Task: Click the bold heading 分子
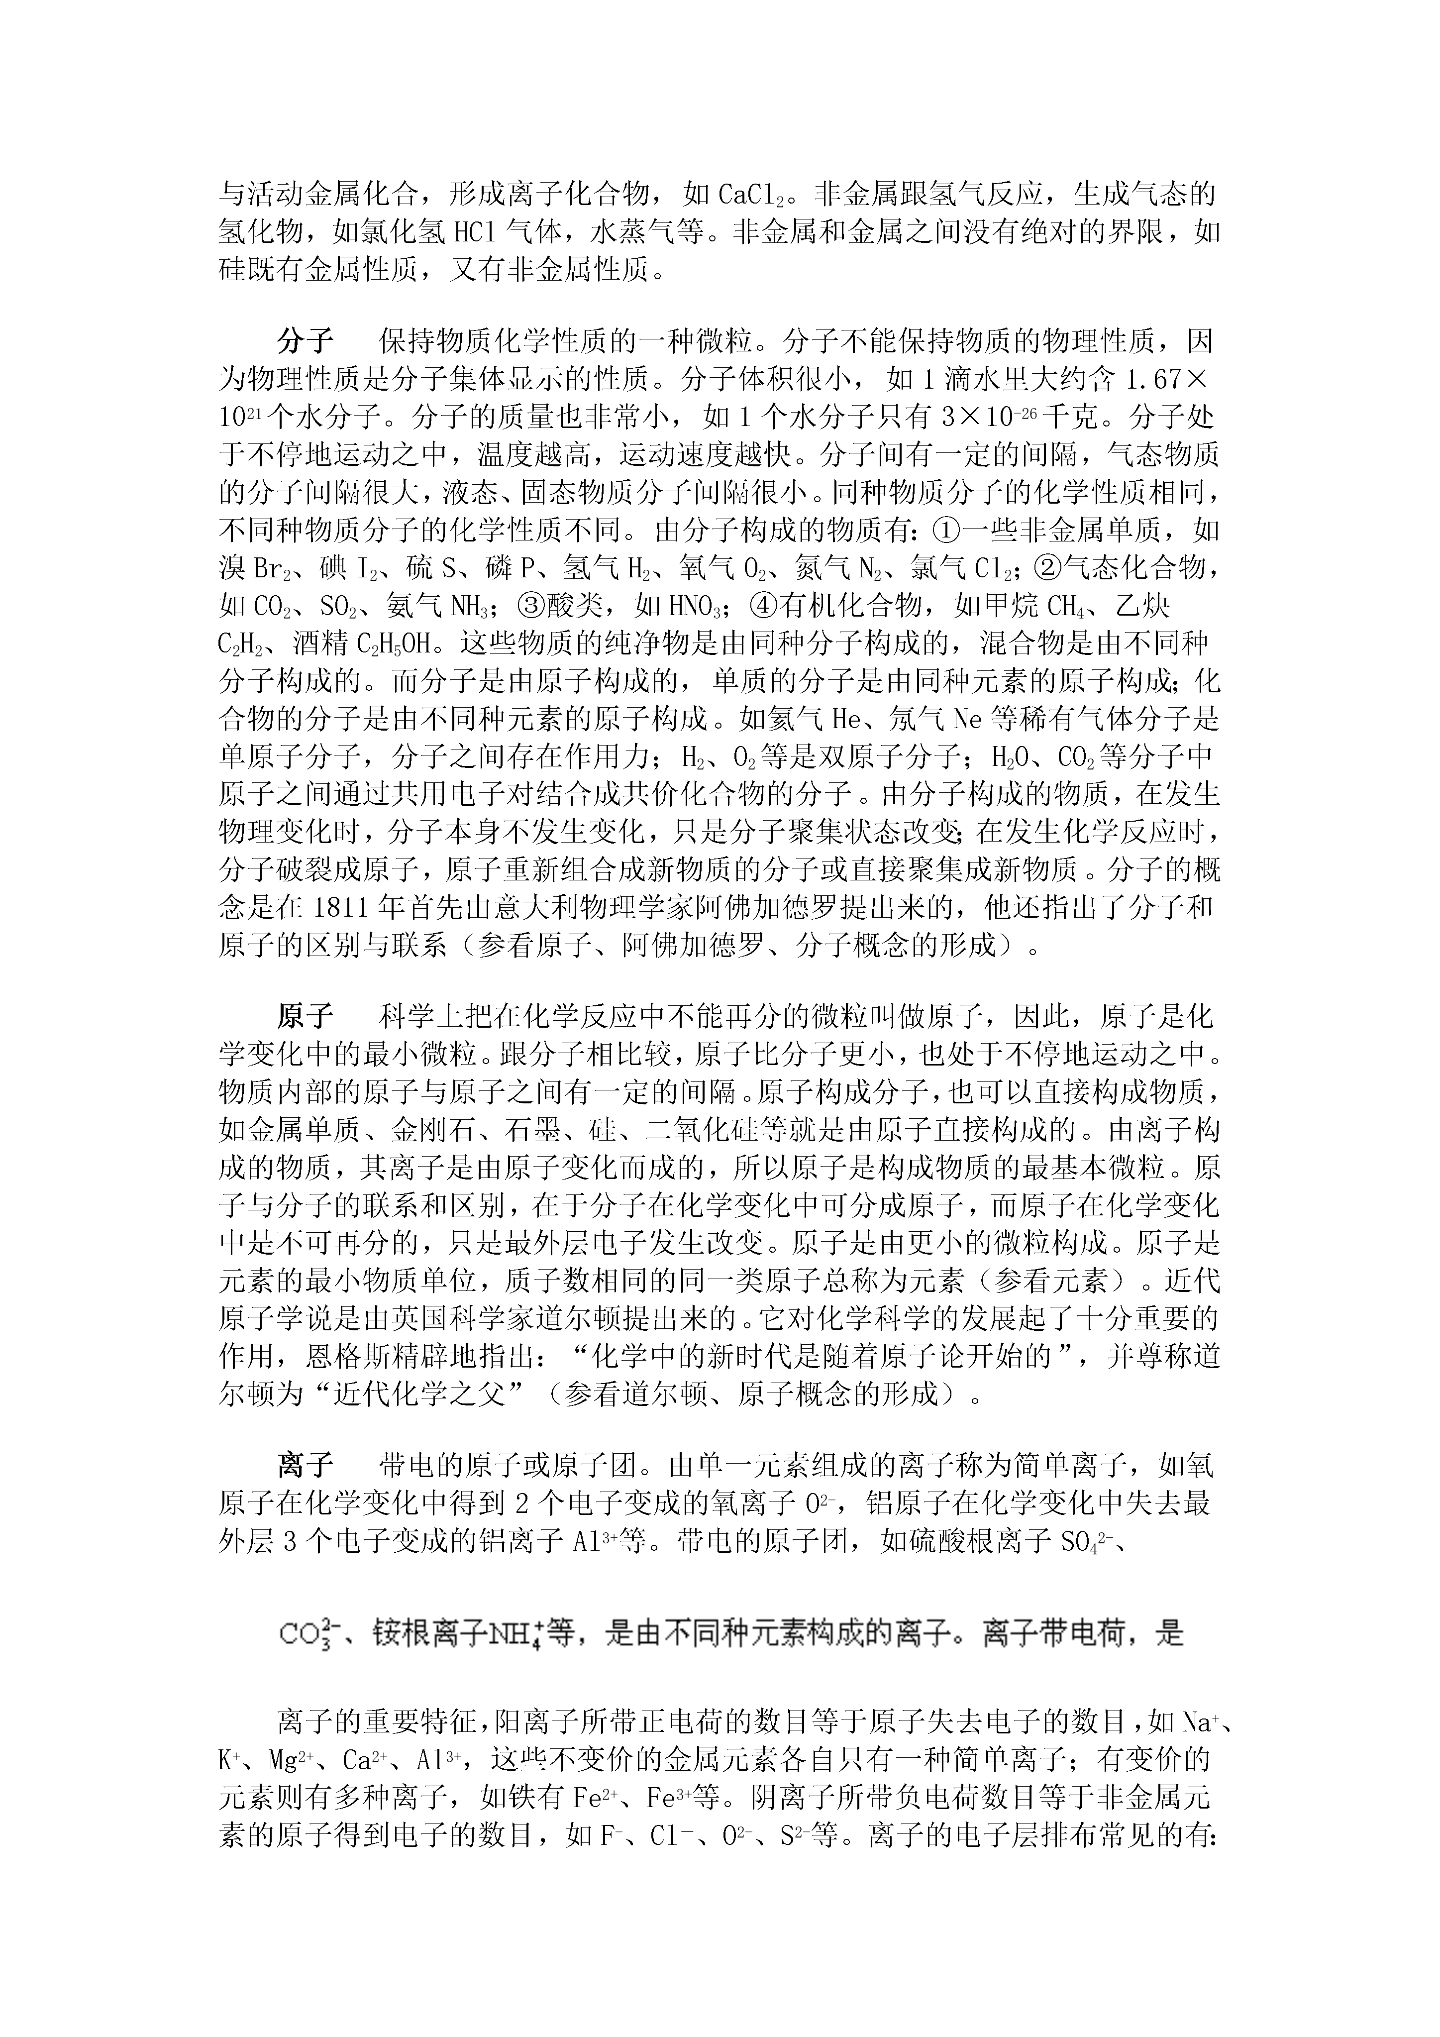pyautogui.click(x=305, y=341)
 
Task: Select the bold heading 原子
pyautogui.click(x=305, y=1015)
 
